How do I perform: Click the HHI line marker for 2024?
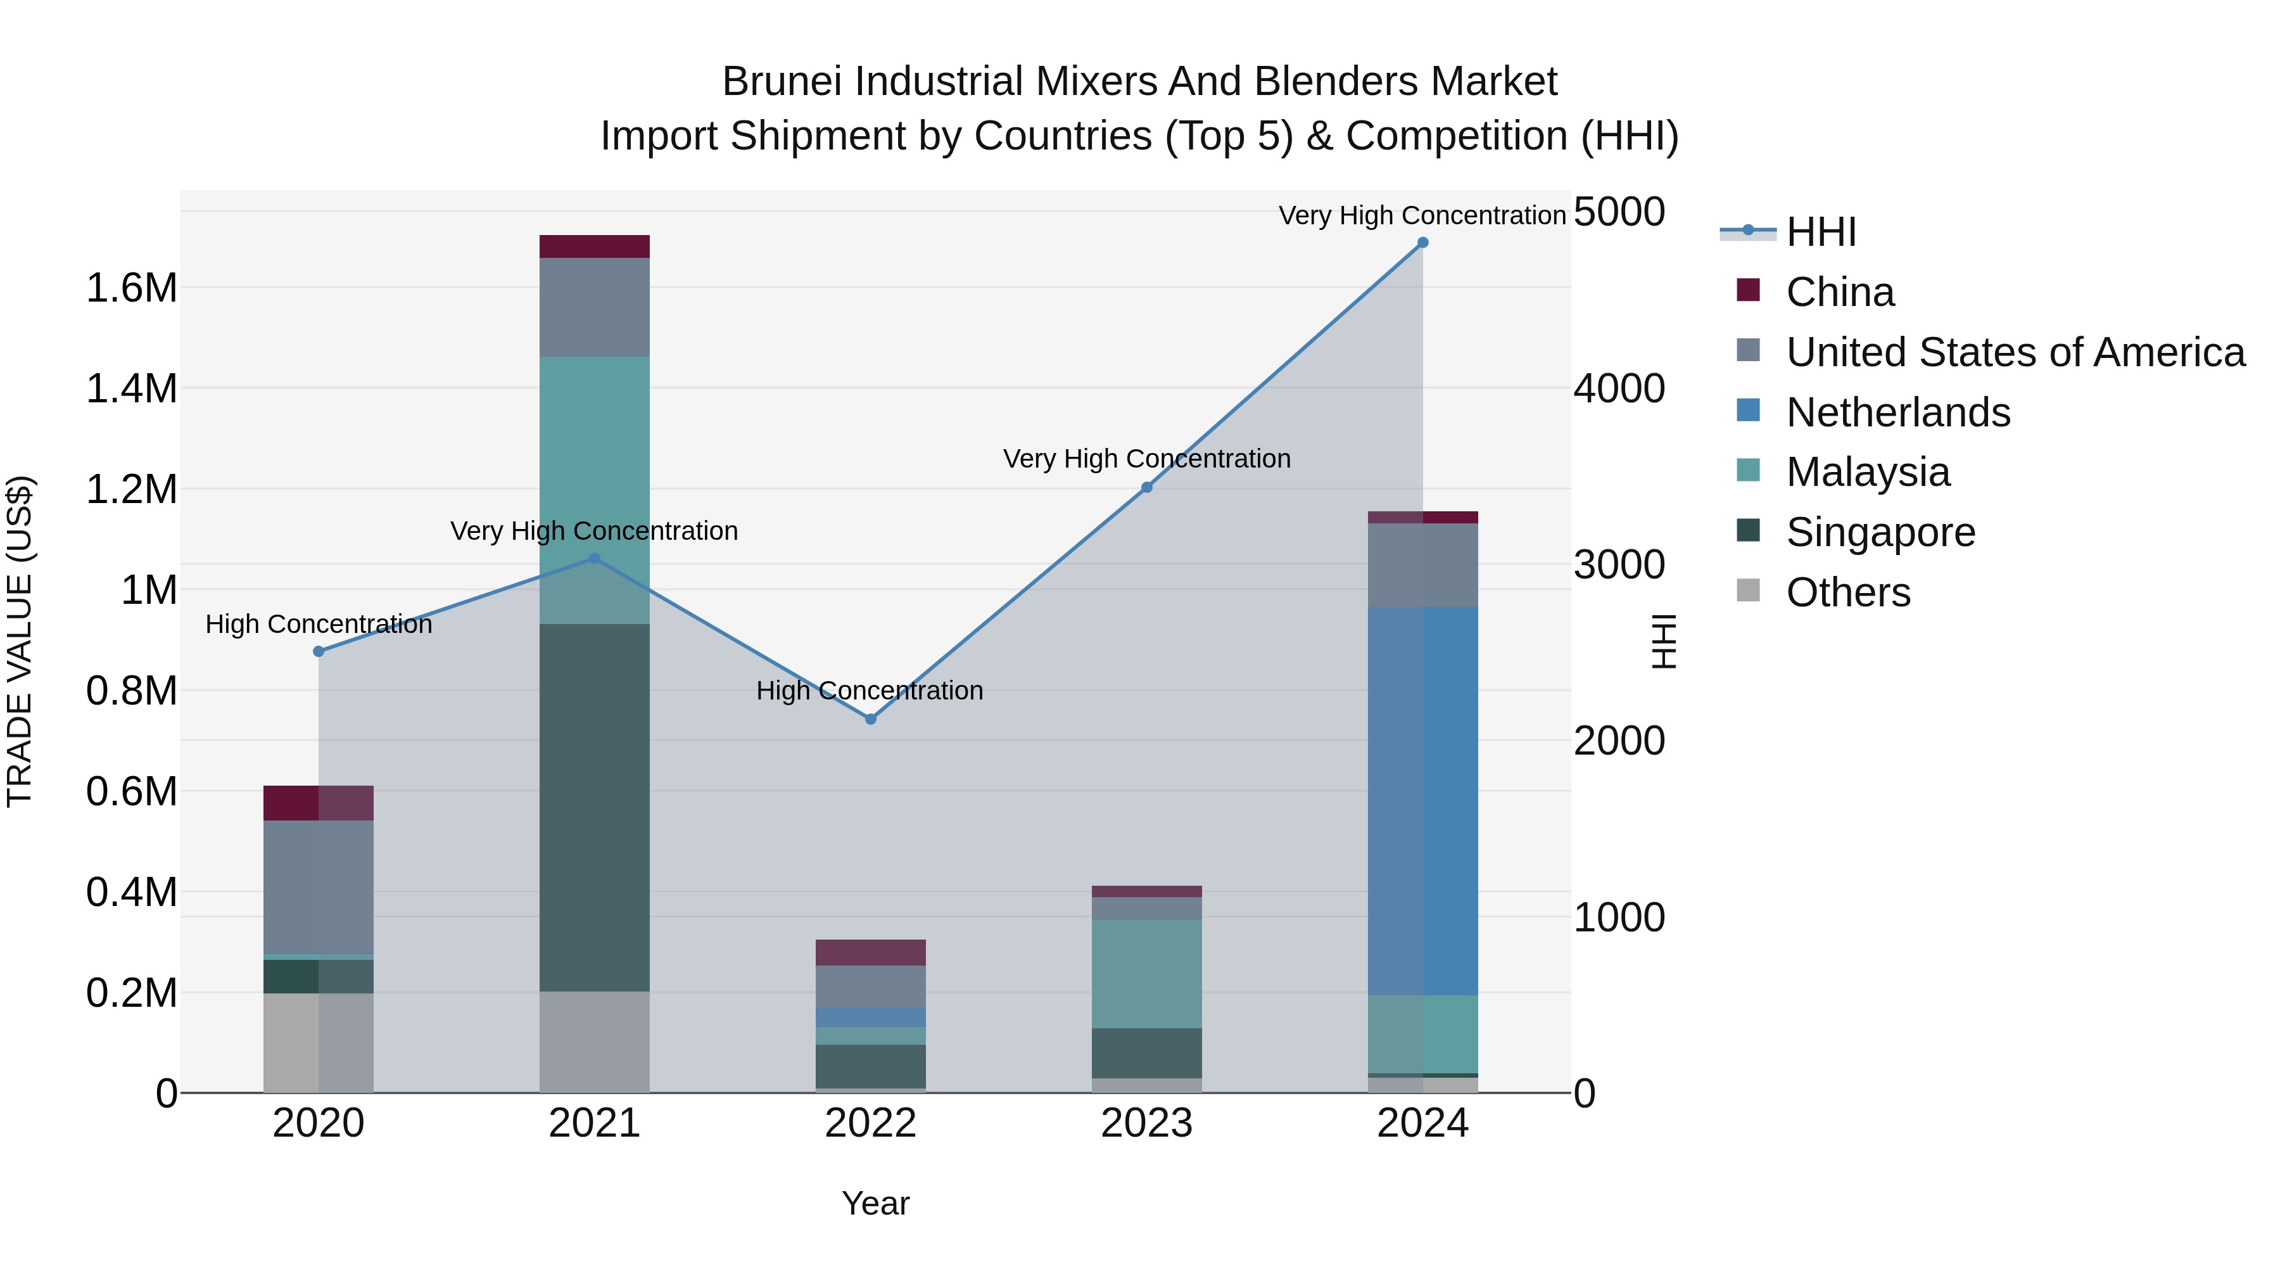[x=1422, y=243]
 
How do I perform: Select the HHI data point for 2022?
[x=870, y=719]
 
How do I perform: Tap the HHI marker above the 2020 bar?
[x=319, y=652]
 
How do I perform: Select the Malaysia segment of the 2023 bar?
[x=1146, y=974]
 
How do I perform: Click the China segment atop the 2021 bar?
[x=594, y=246]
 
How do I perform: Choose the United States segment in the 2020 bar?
[x=319, y=886]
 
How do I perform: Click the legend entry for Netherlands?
[x=1897, y=412]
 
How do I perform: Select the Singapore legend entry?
[x=1880, y=532]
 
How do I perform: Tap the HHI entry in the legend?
[x=1821, y=232]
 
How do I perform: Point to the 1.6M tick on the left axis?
[x=132, y=289]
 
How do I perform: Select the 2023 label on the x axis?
[x=1146, y=1123]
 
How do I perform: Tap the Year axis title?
[x=875, y=1203]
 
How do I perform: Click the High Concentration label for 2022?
[x=869, y=691]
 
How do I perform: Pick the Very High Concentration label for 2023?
[x=1146, y=459]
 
